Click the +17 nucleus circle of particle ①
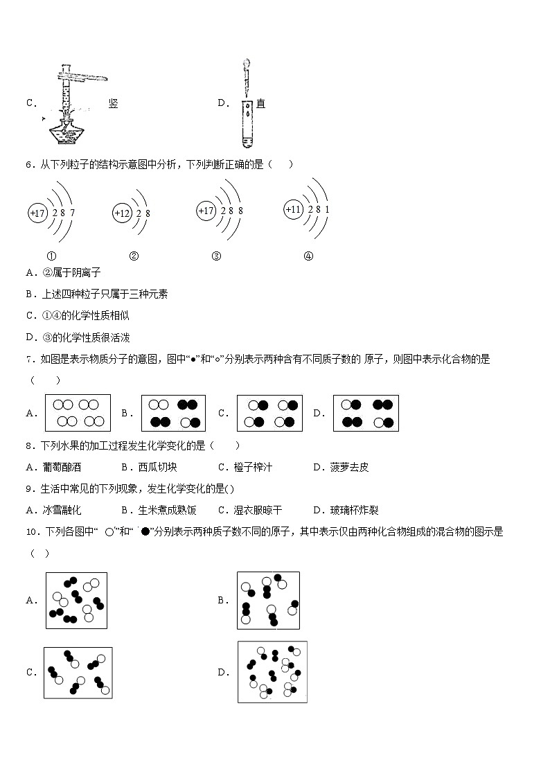click(x=37, y=213)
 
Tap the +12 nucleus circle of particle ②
click(x=122, y=213)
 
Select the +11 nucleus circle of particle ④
click(x=294, y=209)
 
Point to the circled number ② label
click(x=134, y=256)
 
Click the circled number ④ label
click(x=308, y=256)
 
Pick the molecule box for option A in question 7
click(x=78, y=413)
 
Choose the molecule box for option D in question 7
click(x=366, y=413)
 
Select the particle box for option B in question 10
click(x=268, y=600)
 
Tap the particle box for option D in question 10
click(x=272, y=671)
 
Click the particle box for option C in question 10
click(x=78, y=672)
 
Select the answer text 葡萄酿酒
click(x=62, y=467)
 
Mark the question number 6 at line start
click(x=28, y=165)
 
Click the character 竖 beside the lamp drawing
click(x=114, y=103)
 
